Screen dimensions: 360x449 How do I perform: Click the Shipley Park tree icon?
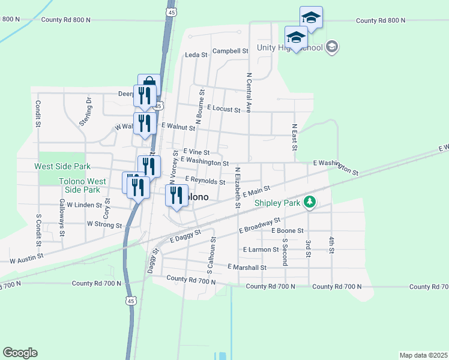(x=310, y=202)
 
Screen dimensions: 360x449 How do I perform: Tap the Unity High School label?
(x=290, y=48)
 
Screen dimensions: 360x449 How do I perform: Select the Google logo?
(x=20, y=353)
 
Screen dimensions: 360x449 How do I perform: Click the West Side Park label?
(x=62, y=166)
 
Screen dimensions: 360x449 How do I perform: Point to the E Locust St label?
(x=223, y=109)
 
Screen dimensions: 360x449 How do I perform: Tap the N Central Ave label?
(x=248, y=94)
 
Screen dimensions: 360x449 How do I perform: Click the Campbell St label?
(x=230, y=52)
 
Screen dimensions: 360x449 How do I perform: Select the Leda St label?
(x=196, y=55)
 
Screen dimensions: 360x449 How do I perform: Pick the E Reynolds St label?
(x=205, y=181)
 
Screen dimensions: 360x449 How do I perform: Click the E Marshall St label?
(x=247, y=267)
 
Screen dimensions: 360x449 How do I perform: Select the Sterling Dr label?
(x=85, y=112)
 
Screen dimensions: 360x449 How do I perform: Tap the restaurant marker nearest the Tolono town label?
(x=176, y=195)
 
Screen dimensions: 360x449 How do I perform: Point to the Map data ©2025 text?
(x=424, y=355)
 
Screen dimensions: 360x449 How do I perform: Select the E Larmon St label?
(x=261, y=249)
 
